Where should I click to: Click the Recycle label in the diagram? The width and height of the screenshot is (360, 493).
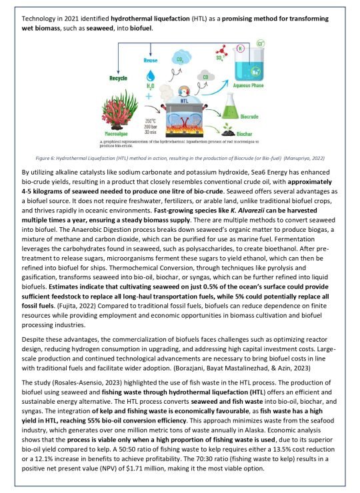(x=118, y=78)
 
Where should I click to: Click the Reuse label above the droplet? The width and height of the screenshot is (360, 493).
(x=151, y=61)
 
